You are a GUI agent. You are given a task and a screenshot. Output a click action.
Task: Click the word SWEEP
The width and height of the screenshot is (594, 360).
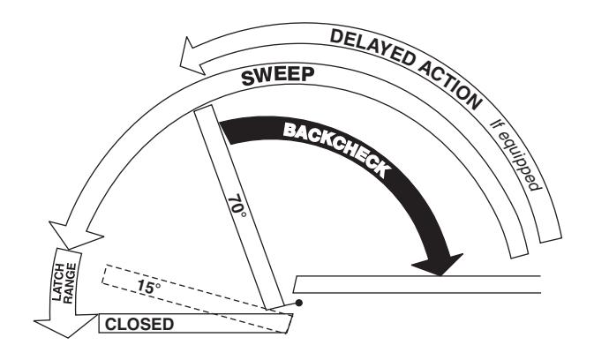tap(278, 76)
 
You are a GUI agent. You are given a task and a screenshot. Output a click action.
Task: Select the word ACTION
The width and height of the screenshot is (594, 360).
tap(450, 86)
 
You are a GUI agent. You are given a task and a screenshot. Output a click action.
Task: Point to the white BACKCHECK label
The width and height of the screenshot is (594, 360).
tap(336, 149)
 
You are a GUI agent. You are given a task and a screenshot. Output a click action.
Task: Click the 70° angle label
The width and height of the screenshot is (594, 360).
tap(237, 206)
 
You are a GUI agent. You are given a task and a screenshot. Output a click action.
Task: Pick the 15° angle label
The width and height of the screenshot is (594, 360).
tap(148, 287)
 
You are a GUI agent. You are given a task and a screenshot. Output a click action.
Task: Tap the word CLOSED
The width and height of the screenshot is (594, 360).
tap(139, 325)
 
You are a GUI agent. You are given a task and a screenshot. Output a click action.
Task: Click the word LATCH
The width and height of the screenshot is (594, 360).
tap(57, 282)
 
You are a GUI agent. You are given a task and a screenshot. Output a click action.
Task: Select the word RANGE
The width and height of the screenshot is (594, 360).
tap(70, 283)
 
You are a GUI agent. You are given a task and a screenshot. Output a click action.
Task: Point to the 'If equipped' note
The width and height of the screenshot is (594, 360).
tap(515, 155)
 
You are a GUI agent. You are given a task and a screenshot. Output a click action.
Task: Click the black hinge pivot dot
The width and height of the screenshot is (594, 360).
tap(299, 303)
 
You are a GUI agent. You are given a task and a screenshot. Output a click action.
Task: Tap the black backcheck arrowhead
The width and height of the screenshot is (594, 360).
tap(438, 264)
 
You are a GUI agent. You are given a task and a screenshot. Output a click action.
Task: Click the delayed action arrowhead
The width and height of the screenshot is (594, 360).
tap(193, 56)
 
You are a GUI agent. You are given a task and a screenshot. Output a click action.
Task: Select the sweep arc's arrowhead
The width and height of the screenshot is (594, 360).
tap(76, 235)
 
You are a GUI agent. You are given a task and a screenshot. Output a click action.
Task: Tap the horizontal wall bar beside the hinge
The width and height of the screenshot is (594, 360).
tap(417, 284)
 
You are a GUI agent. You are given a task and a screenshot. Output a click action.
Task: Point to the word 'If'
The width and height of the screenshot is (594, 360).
tap(495, 124)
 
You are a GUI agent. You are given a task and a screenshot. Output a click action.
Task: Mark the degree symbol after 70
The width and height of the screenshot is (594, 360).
tap(243, 215)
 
